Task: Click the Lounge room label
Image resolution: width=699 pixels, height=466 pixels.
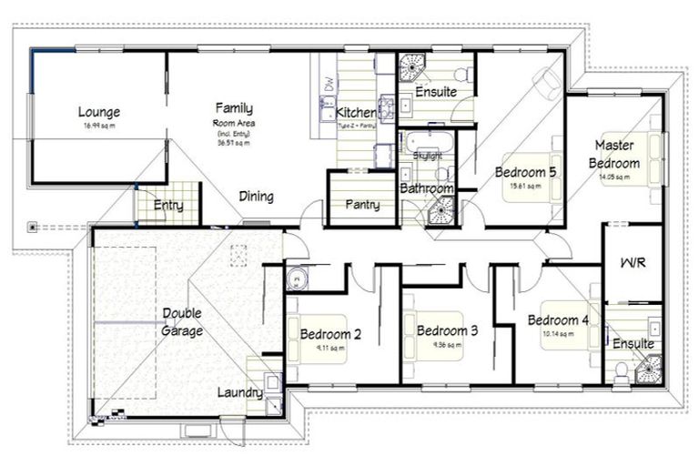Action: [x=98, y=112]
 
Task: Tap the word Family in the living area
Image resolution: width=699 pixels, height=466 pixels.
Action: [x=233, y=107]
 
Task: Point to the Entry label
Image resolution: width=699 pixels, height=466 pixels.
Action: [x=167, y=206]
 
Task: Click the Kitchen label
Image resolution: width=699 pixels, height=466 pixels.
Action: [x=355, y=112]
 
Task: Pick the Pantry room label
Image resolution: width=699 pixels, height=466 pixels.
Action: [x=361, y=205]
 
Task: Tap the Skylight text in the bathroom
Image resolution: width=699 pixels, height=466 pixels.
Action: [x=427, y=157]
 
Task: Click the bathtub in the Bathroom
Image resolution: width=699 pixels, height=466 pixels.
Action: [x=425, y=143]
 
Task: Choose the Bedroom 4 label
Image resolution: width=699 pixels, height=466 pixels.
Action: [x=558, y=320]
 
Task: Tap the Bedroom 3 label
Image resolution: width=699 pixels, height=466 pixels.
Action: [x=447, y=330]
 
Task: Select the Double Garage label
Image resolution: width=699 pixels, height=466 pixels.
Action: [x=182, y=322]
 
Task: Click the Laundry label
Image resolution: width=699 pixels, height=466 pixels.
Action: [x=240, y=393]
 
